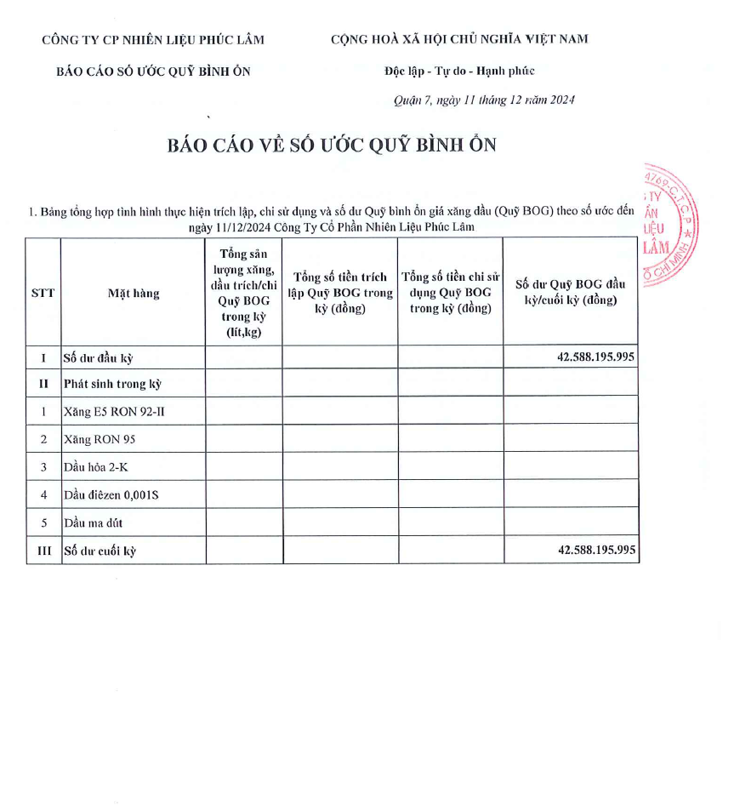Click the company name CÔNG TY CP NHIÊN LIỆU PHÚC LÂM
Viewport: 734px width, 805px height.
click(x=153, y=39)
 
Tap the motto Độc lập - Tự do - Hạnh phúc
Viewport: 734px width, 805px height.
click(x=459, y=71)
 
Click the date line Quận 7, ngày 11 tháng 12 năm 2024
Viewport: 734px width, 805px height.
click(x=484, y=100)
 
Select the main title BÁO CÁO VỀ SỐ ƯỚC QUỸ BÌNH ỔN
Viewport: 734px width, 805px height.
click(x=332, y=145)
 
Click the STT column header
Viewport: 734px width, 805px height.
click(x=43, y=294)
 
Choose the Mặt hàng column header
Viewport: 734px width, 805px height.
click(x=134, y=294)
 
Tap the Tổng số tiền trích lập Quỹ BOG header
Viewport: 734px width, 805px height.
click(x=340, y=292)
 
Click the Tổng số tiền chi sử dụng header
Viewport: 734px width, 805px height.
click(x=451, y=292)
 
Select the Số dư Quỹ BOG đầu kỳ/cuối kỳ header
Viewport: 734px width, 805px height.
click(x=571, y=292)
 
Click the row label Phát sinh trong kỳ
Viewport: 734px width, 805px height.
click(x=112, y=384)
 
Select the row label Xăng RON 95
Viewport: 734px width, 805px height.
click(x=100, y=439)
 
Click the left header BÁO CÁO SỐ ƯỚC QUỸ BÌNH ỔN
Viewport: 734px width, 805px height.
click(x=153, y=71)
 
